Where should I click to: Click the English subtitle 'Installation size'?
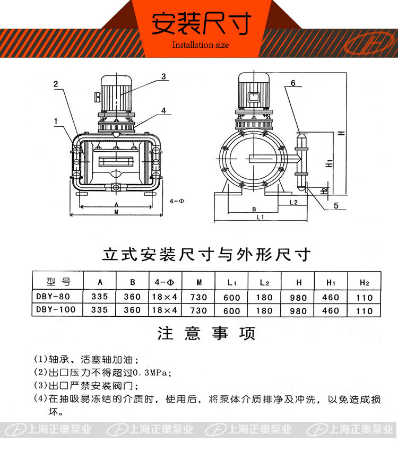[201, 45]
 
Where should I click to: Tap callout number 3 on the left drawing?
[163, 76]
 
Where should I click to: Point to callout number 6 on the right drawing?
[293, 83]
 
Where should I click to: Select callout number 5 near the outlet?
[336, 206]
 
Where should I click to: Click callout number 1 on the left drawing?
[56, 122]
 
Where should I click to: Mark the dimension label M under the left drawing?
[116, 212]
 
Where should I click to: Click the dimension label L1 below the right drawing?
[260, 217]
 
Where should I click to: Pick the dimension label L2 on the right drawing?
[293, 202]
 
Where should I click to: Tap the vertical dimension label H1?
[329, 163]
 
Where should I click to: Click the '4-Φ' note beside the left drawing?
[177, 201]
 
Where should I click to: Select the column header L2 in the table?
[264, 283]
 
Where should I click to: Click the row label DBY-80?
[53, 296]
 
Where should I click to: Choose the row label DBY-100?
[56, 309]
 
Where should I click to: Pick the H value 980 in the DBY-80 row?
[298, 298]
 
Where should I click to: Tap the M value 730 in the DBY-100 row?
[198, 310]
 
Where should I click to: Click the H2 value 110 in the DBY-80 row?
[365, 298]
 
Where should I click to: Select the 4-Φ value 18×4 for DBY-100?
[165, 310]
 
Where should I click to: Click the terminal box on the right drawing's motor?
[254, 97]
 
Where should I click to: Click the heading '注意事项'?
[206, 333]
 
